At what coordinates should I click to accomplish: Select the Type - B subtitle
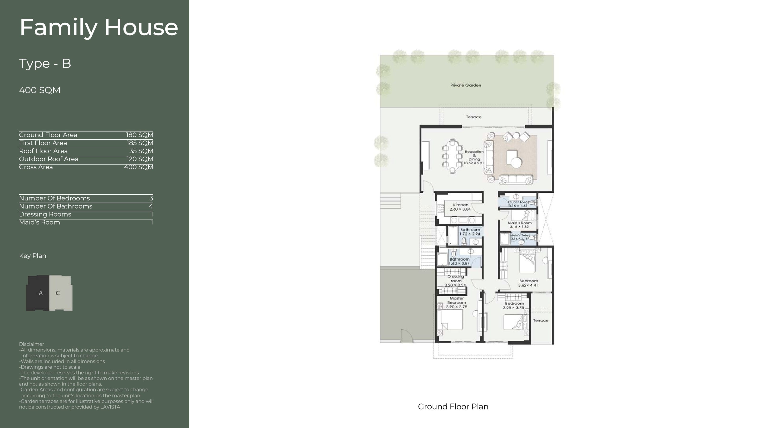coord(45,63)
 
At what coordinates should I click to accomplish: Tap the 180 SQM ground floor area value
coord(139,135)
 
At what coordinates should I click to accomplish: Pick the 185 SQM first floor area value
coord(139,143)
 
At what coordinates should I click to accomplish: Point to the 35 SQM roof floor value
coord(141,151)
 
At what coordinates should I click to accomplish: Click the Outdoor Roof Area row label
coord(49,159)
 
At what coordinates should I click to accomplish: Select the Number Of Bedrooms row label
coord(54,198)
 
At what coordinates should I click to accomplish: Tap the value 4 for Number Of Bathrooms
coord(151,206)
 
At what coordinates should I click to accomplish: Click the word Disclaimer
coord(31,344)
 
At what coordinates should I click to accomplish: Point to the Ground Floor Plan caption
coord(453,407)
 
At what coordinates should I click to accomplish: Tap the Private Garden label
coord(466,85)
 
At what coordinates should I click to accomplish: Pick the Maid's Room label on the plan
coord(520,223)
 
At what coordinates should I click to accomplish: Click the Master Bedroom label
coord(457,300)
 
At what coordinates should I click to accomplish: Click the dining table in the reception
coord(452,156)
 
